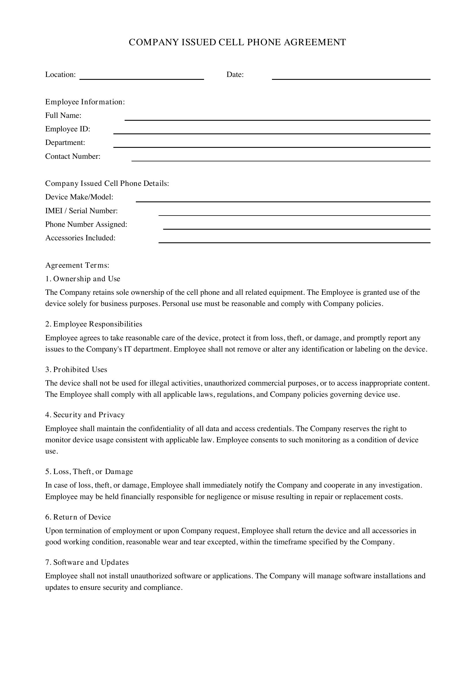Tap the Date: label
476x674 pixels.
(235, 75)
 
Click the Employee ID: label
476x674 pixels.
(67, 129)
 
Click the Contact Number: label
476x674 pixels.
(73, 156)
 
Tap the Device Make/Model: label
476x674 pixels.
(79, 197)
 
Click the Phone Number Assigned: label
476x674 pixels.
(86, 224)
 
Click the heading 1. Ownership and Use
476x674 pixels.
(83, 279)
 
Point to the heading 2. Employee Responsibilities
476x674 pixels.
(94, 324)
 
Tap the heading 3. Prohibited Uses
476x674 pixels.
(76, 370)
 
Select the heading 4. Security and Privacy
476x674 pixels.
(85, 415)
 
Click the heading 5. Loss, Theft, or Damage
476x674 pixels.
(89, 472)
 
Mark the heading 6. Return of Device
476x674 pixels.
(78, 517)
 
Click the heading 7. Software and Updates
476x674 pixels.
(87, 562)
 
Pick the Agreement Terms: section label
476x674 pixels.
(77, 265)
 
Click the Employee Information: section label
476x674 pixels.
(85, 102)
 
